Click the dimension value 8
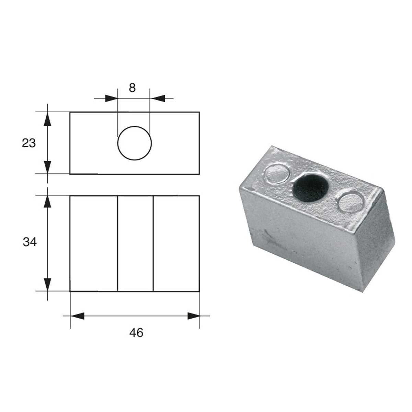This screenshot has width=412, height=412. [133, 88]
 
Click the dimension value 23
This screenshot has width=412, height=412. [29, 143]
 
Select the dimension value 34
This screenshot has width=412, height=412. [30, 242]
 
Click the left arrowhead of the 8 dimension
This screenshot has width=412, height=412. [111, 99]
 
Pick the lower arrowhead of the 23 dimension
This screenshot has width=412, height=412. [48, 167]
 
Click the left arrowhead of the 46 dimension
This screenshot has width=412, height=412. [77, 316]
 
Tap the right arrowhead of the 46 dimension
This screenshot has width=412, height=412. [193, 316]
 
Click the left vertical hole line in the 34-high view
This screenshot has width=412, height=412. [118, 243]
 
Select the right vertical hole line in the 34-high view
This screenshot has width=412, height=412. [153, 243]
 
